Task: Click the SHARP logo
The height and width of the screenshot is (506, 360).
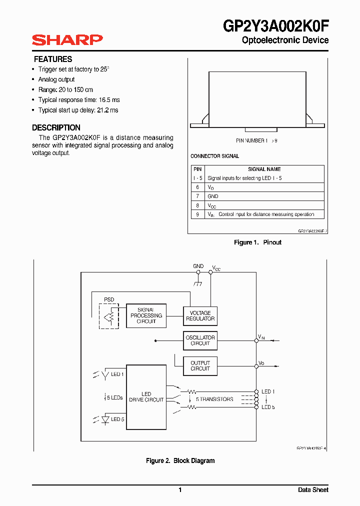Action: pyautogui.click(x=67, y=40)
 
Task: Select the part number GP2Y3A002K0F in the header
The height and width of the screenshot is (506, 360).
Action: pyautogui.click(x=276, y=25)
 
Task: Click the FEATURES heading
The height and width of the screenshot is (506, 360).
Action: pyautogui.click(x=53, y=59)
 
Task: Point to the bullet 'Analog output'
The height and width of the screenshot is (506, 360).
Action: pyautogui.click(x=56, y=79)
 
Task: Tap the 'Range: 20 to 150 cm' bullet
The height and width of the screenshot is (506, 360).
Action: pyautogui.click(x=65, y=89)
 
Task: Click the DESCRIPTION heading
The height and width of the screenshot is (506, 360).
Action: pyautogui.click(x=56, y=127)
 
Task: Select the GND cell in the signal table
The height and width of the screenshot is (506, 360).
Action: pyautogui.click(x=213, y=196)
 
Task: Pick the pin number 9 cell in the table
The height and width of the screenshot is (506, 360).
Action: pyautogui.click(x=197, y=214)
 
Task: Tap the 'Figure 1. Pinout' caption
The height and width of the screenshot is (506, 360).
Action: pyautogui.click(x=257, y=242)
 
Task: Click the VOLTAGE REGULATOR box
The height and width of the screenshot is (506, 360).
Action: pyautogui.click(x=200, y=316)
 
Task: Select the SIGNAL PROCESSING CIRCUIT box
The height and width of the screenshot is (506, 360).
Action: pyautogui.click(x=146, y=316)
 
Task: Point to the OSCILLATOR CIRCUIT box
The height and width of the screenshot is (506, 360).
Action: pyautogui.click(x=200, y=340)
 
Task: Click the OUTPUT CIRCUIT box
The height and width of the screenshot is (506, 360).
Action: pyautogui.click(x=200, y=366)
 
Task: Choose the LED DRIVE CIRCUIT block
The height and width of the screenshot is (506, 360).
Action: pyautogui.click(x=146, y=397)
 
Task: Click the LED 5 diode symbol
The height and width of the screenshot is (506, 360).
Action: pyautogui.click(x=105, y=419)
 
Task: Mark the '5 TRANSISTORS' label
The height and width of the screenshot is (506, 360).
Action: pyautogui.click(x=214, y=399)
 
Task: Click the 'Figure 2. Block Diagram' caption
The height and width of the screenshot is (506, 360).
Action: pyautogui.click(x=180, y=461)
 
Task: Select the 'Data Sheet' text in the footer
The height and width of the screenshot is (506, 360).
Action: pyautogui.click(x=313, y=490)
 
